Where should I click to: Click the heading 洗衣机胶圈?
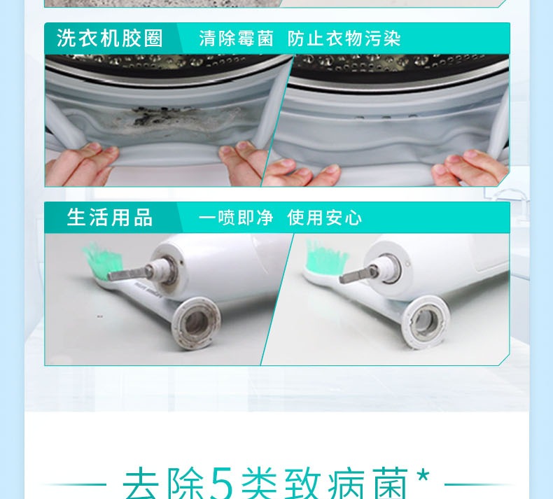[x=110, y=38]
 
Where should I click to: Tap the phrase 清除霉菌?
[x=237, y=38]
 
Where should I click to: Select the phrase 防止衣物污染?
[x=344, y=38]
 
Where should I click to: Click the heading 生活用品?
[x=110, y=217]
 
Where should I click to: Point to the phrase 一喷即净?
[x=236, y=217]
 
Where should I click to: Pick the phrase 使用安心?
[x=325, y=217]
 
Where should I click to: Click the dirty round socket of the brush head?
[x=196, y=323]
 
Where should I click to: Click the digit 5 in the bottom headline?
[x=221, y=483]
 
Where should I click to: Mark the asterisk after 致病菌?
[x=423, y=476]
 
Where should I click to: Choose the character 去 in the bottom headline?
[x=141, y=483]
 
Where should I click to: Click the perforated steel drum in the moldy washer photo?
[x=166, y=64]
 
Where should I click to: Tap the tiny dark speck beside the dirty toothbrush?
[x=100, y=316]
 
